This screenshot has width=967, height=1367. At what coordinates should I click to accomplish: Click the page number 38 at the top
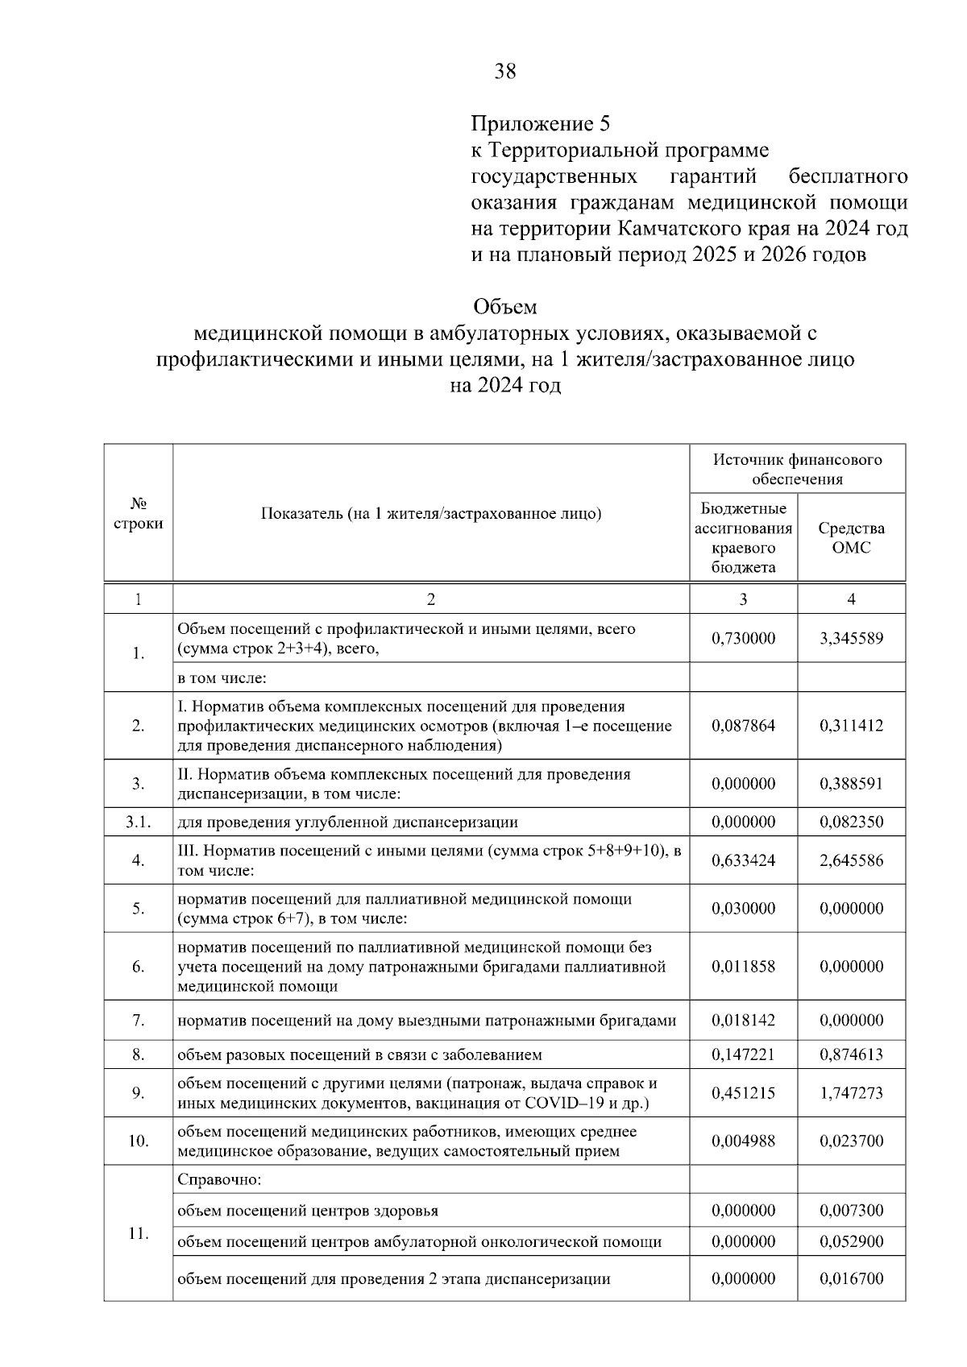coord(505,72)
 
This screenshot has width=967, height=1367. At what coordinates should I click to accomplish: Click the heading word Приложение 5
coord(541,124)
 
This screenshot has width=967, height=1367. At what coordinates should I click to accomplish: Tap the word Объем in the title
coord(504,307)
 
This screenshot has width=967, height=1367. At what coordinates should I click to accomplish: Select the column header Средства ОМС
coord(851,537)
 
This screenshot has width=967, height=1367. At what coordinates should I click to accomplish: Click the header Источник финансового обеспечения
coord(797,469)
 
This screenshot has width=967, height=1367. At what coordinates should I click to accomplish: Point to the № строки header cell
coord(138,513)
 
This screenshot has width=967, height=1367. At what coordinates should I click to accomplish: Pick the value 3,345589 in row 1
coord(851,639)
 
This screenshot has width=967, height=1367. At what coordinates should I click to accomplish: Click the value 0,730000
coord(743,639)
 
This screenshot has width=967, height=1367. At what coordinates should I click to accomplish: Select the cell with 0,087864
coord(743,725)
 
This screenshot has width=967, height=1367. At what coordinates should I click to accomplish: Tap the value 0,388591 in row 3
coord(851,783)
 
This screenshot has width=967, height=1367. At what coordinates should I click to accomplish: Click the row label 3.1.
coord(138,822)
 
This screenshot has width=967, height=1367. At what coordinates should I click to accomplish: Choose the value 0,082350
coord(851,822)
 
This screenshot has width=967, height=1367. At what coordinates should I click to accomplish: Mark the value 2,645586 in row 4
coord(851,860)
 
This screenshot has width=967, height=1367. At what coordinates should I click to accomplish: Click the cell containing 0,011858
coord(743,966)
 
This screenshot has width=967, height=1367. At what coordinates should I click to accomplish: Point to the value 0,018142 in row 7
coord(743,1020)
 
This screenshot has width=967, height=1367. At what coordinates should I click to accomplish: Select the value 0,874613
coord(851,1054)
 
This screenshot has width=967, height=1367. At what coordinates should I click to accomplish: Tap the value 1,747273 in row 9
coord(851,1092)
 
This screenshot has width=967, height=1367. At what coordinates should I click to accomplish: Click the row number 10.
coord(138,1141)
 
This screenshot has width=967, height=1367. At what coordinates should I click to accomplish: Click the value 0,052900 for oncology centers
coord(851,1241)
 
